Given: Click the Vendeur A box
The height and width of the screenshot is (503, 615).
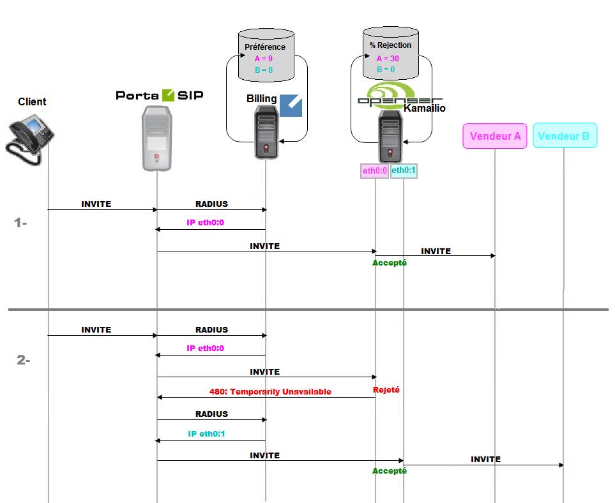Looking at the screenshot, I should coord(495,136).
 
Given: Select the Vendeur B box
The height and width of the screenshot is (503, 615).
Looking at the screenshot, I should coord(565,136).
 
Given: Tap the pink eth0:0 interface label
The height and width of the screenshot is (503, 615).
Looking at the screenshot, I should coord(375,171).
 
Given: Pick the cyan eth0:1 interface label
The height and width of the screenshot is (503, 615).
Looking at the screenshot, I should coord(404,171).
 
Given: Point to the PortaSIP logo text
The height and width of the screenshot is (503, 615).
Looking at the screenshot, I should coord(160,95).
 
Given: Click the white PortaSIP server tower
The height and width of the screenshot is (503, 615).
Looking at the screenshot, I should coord(156,139).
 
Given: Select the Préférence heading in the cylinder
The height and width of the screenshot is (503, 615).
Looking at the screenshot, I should coord(265,47).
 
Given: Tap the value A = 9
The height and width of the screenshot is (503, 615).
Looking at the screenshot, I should coord(264,59).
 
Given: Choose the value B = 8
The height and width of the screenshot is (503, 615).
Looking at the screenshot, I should coord(264,70).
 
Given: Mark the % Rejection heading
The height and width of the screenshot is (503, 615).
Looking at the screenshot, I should coord(390,45).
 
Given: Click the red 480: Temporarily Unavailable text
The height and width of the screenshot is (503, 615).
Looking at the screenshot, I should coord(270,392).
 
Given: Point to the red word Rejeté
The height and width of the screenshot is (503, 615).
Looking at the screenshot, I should coord(386,389).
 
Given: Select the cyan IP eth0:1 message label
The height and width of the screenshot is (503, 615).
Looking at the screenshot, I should coord(206,434).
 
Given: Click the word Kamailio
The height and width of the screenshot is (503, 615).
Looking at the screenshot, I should coord(425,109).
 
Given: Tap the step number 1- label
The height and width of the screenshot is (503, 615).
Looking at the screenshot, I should coord(21,223).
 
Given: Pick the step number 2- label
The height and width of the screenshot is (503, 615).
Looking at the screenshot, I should coord(23,360).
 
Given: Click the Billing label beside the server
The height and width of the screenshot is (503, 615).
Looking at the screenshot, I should coord(262,99).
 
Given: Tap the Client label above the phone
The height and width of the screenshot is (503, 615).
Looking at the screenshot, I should coord(32,101).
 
